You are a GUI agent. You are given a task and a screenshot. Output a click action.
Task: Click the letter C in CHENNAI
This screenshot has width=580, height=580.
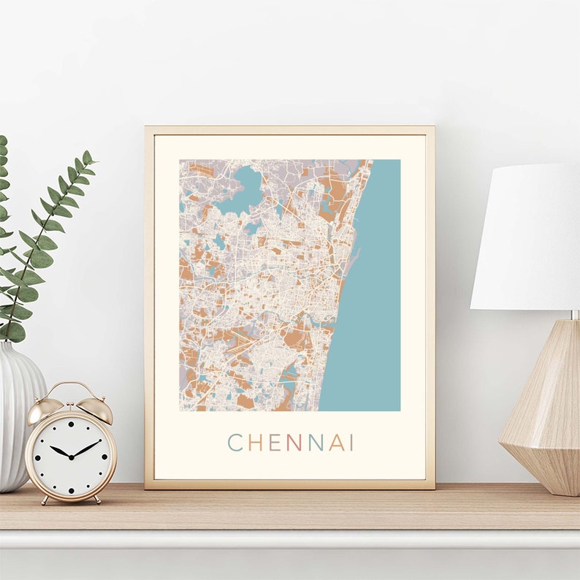pyautogui.click(x=235, y=443)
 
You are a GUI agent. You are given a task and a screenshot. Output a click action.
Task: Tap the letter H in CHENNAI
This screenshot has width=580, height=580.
pyautogui.click(x=255, y=443)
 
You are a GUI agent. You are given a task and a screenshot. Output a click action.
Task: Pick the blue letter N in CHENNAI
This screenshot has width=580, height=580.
pyautogui.click(x=315, y=443)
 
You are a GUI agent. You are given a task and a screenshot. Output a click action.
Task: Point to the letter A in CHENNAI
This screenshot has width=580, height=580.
pyautogui.click(x=335, y=443)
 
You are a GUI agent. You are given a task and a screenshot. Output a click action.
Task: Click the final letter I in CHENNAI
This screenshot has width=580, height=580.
pyautogui.click(x=351, y=443)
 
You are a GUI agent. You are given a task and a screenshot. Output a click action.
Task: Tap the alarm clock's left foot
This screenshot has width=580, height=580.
pyautogui.click(x=45, y=500)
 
